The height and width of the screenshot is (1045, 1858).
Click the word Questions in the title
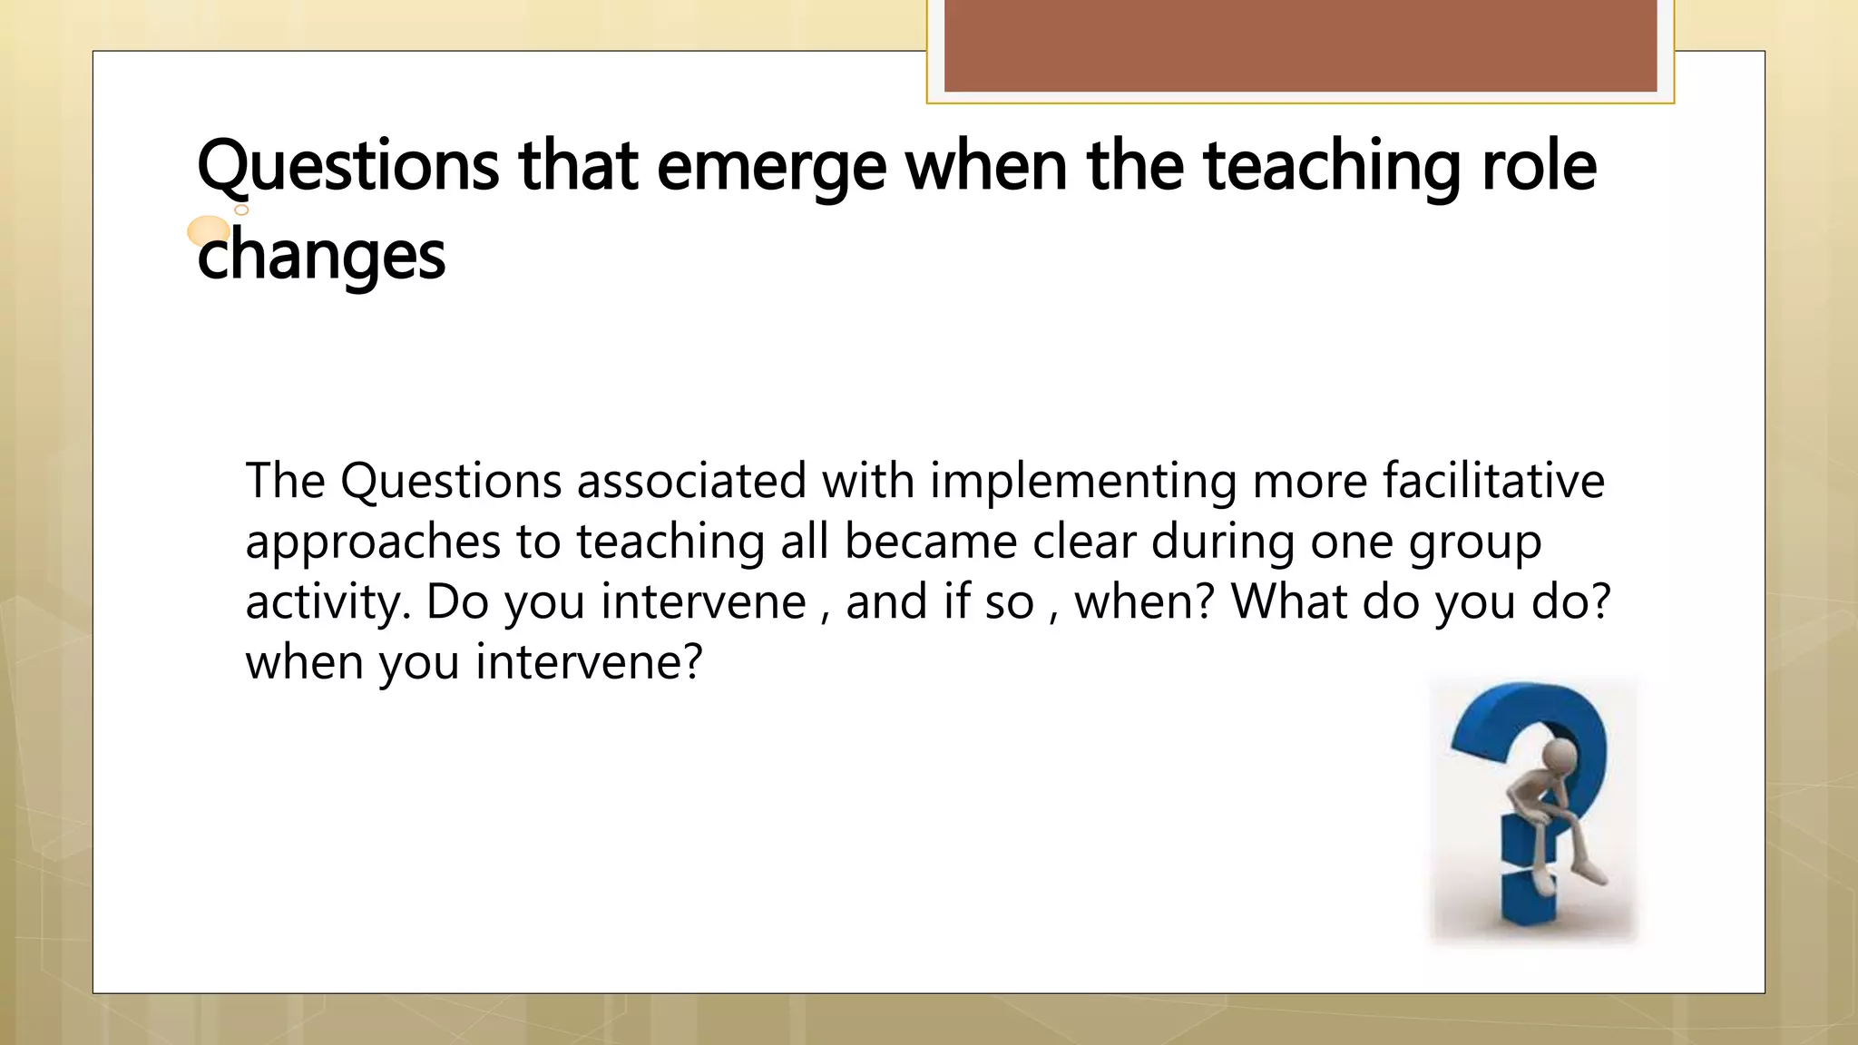click(x=347, y=167)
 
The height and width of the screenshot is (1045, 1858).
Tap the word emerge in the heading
click(x=771, y=167)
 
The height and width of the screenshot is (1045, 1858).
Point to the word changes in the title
click(x=321, y=256)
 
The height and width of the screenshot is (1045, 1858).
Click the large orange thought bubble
click(x=209, y=231)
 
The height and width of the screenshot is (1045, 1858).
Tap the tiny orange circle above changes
click(x=242, y=210)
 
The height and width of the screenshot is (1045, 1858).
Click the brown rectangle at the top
click(x=1300, y=45)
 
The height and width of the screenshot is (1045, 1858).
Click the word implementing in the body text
click(x=1083, y=481)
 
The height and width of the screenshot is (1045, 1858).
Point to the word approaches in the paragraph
click(x=373, y=542)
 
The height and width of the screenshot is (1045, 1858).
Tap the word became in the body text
click(x=931, y=542)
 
